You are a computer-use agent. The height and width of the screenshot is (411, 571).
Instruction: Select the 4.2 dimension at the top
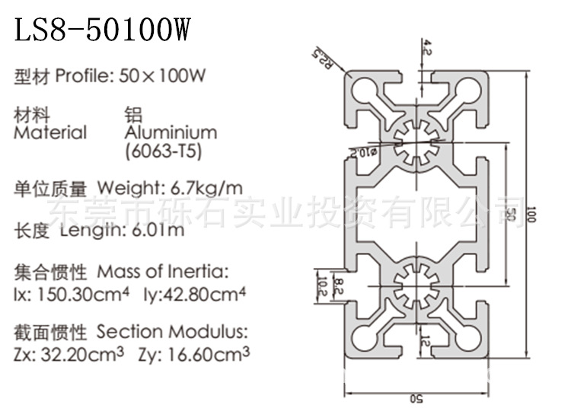(429, 49)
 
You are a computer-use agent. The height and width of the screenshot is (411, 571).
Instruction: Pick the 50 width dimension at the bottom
(418, 398)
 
